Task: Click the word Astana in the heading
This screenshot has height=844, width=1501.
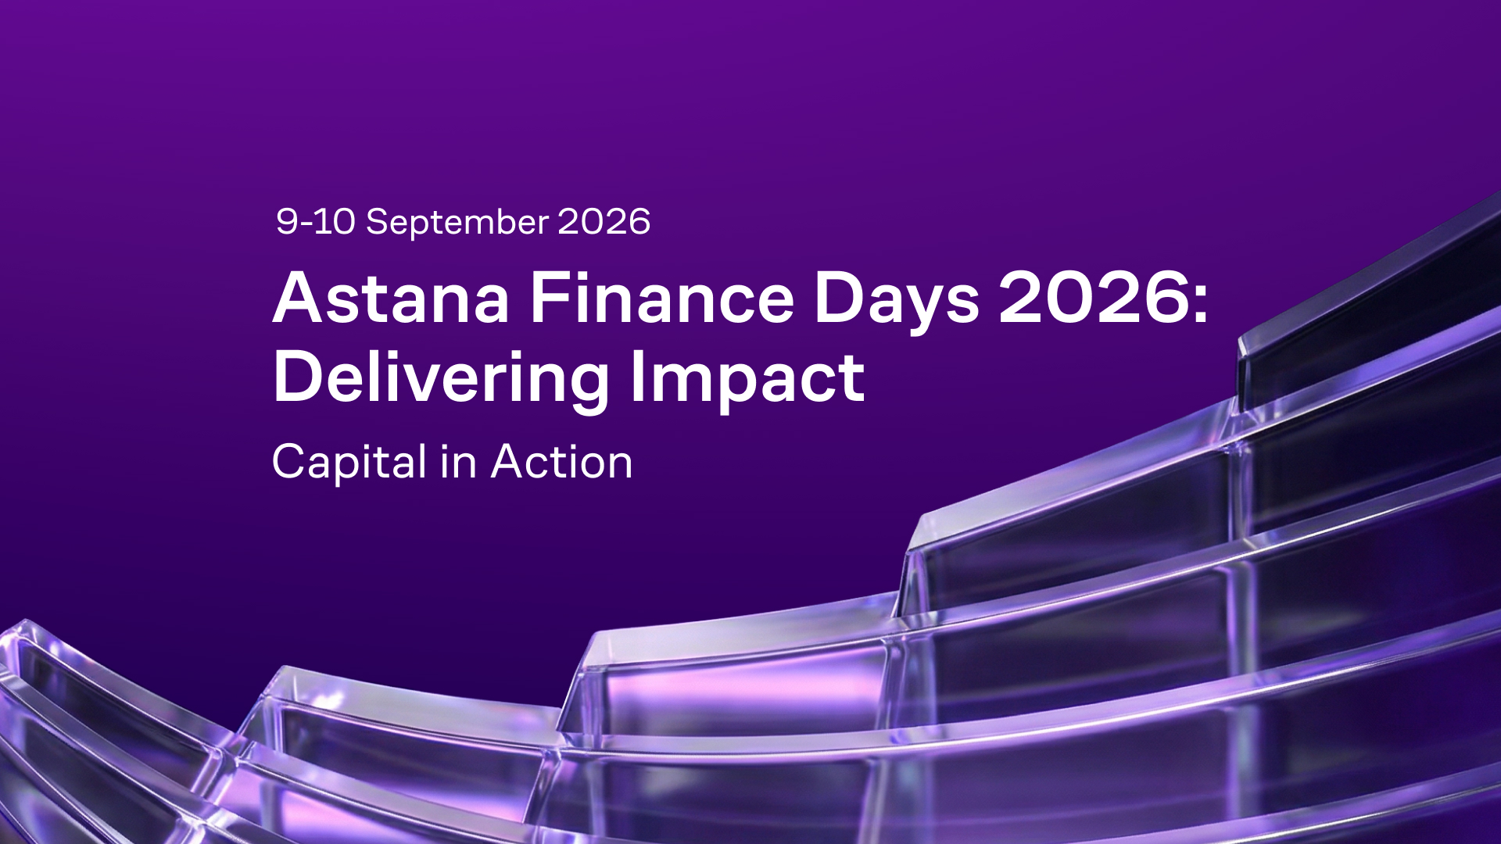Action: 392,298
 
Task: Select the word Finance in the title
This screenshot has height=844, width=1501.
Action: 662,298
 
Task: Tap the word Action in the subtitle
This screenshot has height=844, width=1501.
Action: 562,462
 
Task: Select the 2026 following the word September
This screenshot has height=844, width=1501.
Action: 604,221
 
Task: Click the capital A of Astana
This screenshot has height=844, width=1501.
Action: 299,298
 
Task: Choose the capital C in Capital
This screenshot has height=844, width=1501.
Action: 289,462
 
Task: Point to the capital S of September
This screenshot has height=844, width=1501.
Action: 378,221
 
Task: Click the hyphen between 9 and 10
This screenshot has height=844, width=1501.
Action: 306,224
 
